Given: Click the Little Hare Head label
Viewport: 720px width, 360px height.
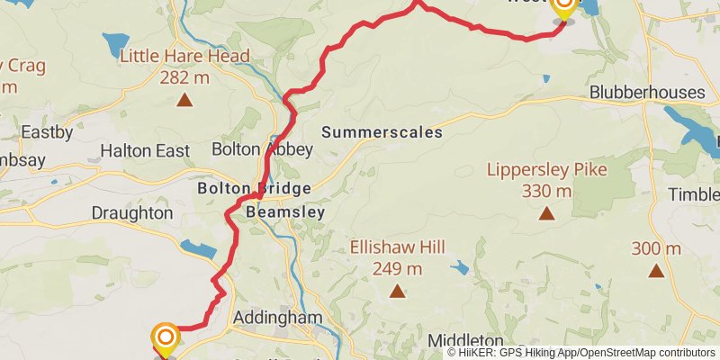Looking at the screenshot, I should point(184,58).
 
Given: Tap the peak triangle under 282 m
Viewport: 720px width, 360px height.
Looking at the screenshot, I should point(184,99).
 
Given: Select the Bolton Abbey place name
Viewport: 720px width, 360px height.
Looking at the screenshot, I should point(262,148).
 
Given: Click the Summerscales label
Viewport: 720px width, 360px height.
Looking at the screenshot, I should point(382,132).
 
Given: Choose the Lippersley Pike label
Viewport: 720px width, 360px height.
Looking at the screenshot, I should point(546,169).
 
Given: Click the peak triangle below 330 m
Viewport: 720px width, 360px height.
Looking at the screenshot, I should point(546,213).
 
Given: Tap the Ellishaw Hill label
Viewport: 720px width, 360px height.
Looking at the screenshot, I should point(397,247).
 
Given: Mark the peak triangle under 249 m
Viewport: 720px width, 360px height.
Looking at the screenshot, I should point(397,291).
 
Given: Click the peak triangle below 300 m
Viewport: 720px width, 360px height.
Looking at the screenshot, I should point(656,270).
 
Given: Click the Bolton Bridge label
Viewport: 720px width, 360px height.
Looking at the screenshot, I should point(255,189).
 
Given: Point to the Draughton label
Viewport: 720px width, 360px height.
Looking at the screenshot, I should point(131,213).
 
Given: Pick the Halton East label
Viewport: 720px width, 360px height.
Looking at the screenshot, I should point(145,150).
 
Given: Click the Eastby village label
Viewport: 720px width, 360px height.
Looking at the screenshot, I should point(47,131).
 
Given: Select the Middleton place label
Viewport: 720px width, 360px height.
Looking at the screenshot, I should point(465,340).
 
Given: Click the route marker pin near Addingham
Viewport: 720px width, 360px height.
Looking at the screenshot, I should point(166,338).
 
